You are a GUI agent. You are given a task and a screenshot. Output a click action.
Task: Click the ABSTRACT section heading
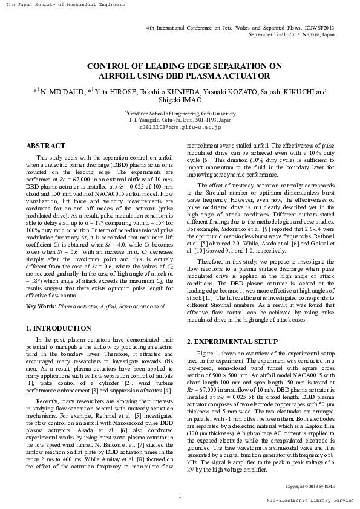(45, 146)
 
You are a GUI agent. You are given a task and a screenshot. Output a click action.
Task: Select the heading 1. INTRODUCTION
(59, 328)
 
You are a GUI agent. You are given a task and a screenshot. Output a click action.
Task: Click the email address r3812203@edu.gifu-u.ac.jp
(180, 127)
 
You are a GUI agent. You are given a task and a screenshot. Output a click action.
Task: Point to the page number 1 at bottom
(180, 496)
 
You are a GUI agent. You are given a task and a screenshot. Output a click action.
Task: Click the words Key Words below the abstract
(38, 307)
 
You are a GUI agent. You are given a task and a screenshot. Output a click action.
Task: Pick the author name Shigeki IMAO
(180, 100)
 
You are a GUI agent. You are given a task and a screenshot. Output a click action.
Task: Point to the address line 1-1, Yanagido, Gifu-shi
(180, 120)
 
